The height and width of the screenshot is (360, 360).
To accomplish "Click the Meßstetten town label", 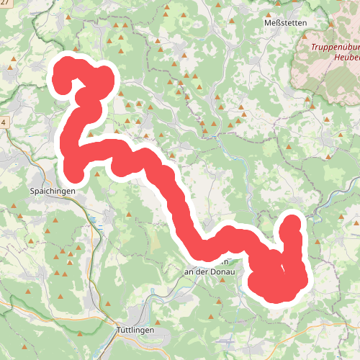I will (287, 23).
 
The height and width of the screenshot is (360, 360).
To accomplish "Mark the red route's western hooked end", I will (62, 84).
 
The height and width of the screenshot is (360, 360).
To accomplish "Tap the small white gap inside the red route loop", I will (282, 270).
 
